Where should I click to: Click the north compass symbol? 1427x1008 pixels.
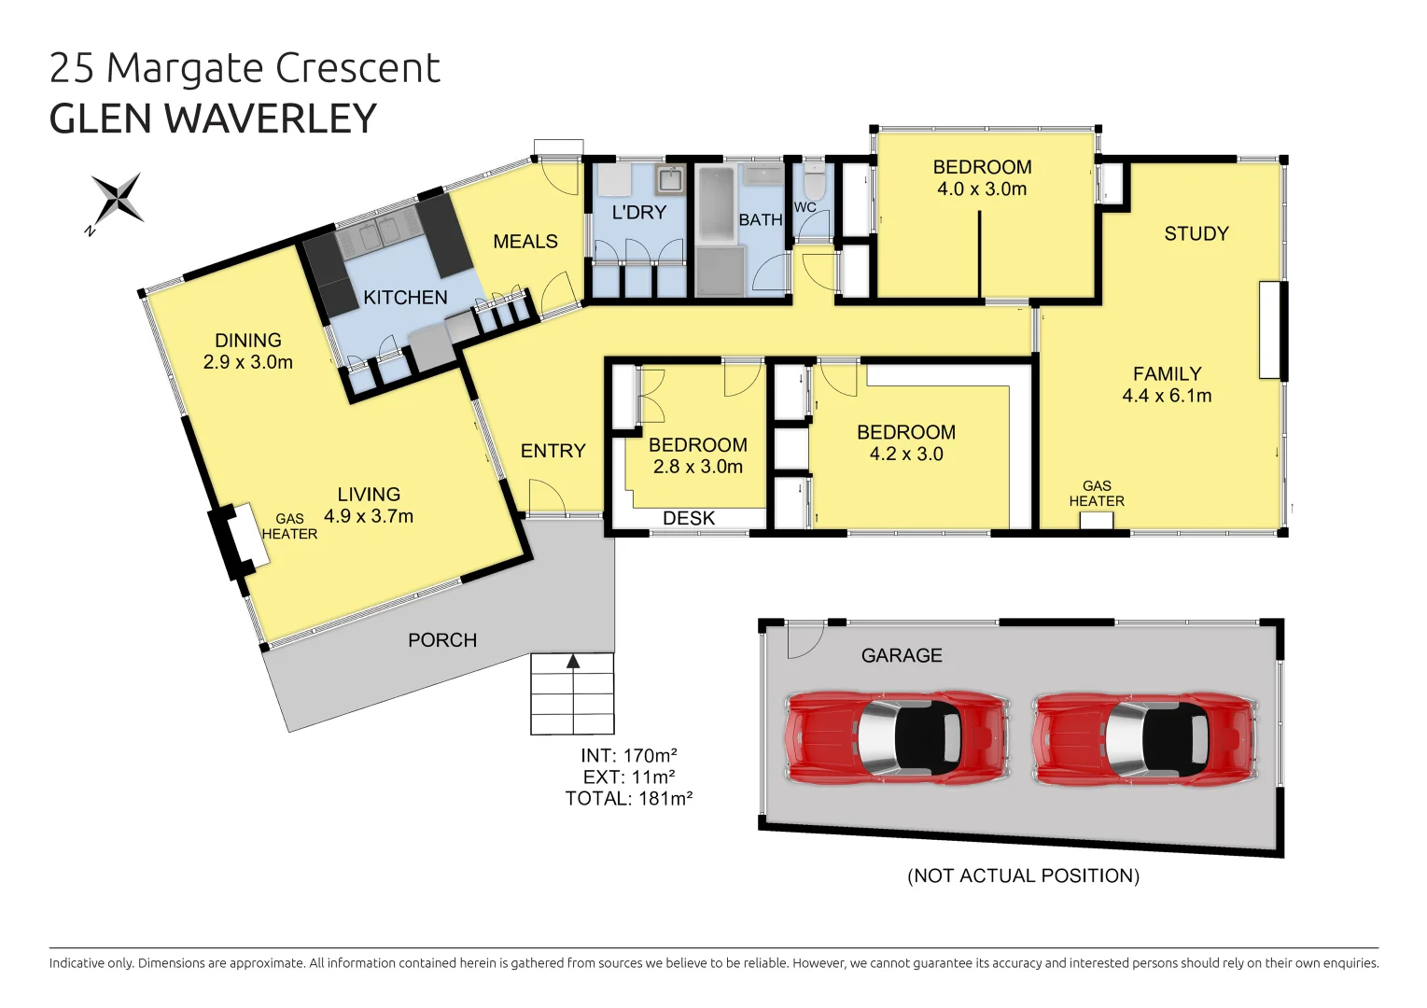[x=118, y=200]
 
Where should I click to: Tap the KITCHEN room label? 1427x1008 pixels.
[x=405, y=298]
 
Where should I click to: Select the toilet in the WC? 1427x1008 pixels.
[x=813, y=179]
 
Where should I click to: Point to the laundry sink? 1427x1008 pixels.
[x=669, y=178]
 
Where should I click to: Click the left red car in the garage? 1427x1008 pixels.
[x=896, y=737]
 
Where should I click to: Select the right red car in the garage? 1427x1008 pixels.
[x=1144, y=737]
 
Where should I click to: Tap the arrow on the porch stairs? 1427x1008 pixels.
[x=573, y=662]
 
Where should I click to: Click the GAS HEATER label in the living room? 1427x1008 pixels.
[x=289, y=526]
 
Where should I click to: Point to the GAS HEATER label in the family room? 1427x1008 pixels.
[x=1097, y=494]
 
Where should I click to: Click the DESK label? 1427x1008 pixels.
[x=689, y=519]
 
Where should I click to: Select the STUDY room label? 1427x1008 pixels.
[x=1196, y=234]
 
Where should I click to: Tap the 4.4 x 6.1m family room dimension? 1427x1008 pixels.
[x=1167, y=396]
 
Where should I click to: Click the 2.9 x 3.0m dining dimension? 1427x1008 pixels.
[x=248, y=362]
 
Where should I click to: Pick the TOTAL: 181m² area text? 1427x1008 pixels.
[x=629, y=799]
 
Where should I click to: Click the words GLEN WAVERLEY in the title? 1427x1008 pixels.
[x=213, y=119]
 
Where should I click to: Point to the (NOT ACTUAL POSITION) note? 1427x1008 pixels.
[x=1023, y=875]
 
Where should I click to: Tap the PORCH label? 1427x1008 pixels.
[x=442, y=640]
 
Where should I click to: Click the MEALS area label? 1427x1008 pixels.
[x=525, y=242]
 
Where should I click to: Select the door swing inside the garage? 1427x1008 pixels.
[x=803, y=640]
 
